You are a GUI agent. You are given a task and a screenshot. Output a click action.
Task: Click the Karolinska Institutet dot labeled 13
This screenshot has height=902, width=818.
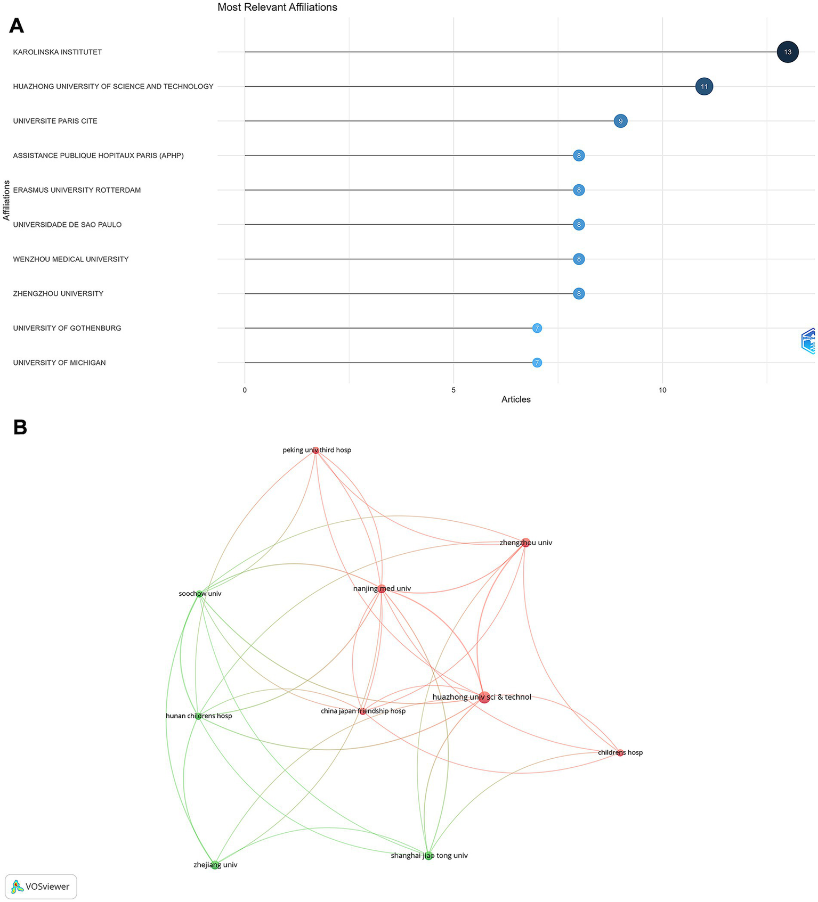point(787,52)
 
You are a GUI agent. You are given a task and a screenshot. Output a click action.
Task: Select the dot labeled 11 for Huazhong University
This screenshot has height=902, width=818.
point(704,86)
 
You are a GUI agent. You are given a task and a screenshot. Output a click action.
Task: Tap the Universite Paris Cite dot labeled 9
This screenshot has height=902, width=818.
point(620,121)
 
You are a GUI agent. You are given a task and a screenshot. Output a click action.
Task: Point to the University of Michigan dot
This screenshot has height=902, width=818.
point(537,363)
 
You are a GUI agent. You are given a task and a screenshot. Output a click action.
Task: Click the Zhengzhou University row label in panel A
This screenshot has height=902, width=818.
point(58,293)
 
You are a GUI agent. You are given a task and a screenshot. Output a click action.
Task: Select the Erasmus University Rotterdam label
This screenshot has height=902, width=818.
point(77,190)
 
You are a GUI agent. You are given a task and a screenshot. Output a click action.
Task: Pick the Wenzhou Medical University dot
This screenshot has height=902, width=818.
point(579,259)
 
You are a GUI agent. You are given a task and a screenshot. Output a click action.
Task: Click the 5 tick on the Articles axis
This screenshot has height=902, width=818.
point(453,390)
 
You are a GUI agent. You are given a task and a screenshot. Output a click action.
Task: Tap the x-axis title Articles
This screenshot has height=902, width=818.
point(516,399)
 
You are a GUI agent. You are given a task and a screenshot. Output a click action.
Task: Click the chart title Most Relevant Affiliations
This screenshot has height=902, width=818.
point(277,7)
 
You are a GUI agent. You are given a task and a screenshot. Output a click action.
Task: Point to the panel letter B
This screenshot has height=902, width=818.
point(20,428)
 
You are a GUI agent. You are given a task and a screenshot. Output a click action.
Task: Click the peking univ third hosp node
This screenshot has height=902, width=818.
point(316,450)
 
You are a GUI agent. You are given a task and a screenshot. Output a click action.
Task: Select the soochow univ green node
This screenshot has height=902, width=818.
point(199,594)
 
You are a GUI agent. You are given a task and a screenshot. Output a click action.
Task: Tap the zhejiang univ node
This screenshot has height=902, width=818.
point(215,865)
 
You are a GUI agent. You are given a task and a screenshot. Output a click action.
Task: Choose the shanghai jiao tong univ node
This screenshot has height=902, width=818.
point(428,856)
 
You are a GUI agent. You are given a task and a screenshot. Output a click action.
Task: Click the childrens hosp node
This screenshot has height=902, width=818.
point(620,753)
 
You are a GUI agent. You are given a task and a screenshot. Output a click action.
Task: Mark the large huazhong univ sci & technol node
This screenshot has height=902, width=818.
point(484,697)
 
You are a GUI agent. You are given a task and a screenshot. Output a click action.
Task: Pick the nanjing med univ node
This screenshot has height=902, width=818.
point(382,588)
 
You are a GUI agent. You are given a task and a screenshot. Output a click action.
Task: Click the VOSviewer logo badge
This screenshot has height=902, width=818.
point(41,887)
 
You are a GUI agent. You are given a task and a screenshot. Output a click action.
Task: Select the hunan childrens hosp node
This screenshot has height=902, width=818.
point(198,716)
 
